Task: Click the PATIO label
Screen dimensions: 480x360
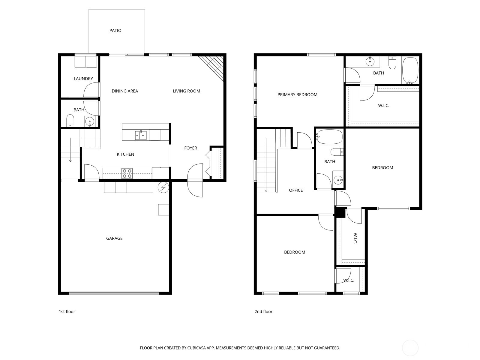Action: pyautogui.click(x=115, y=31)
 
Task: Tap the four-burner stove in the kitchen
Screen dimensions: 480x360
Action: pyautogui.click(x=127, y=173)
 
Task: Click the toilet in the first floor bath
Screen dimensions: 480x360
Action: pyautogui.click(x=70, y=120)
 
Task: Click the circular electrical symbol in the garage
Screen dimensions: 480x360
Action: pyautogui.click(x=163, y=187)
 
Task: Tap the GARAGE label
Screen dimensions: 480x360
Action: pyautogui.click(x=114, y=238)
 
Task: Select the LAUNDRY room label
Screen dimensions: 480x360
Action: pyautogui.click(x=83, y=79)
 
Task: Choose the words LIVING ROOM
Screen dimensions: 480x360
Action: pyautogui.click(x=186, y=91)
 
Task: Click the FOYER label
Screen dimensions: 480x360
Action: pyautogui.click(x=191, y=148)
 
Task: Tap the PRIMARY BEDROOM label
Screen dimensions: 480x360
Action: pyautogui.click(x=297, y=94)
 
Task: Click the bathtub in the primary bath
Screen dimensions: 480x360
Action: pyautogui.click(x=410, y=70)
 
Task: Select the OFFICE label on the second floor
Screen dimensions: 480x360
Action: pyautogui.click(x=296, y=190)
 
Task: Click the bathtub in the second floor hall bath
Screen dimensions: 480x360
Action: pyautogui.click(x=329, y=137)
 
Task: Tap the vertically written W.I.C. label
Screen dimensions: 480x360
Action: pyautogui.click(x=355, y=238)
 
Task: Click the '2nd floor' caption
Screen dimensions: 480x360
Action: pyautogui.click(x=263, y=312)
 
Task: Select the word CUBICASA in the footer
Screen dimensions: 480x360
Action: pyautogui.click(x=196, y=348)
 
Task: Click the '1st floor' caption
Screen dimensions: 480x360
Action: pyautogui.click(x=67, y=312)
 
